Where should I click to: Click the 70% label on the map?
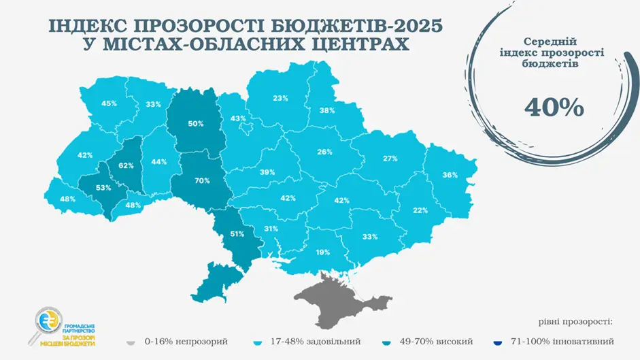pyautogui.click(x=201, y=181)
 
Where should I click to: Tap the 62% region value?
pyautogui.click(x=126, y=165)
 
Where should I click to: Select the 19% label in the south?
pyautogui.click(x=322, y=252)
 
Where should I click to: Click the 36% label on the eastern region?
pyautogui.click(x=450, y=175)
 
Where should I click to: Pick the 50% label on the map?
pyautogui.click(x=196, y=124)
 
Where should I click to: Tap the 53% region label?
pyautogui.click(x=103, y=188)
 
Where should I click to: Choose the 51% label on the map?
pyautogui.click(x=237, y=234)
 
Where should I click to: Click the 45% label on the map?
pyautogui.click(x=109, y=103)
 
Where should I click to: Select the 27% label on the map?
pyautogui.click(x=390, y=159)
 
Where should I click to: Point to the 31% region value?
pyautogui.click(x=271, y=229)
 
